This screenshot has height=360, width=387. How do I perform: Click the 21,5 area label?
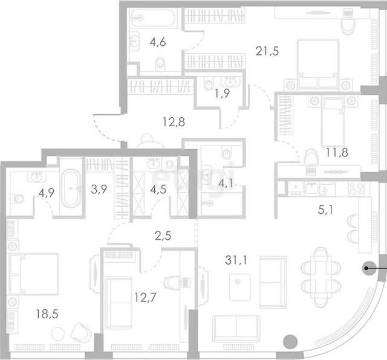tap(267, 51)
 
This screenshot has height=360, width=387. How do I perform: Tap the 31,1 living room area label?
tap(236, 260)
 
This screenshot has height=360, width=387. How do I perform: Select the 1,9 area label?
tap(222, 93)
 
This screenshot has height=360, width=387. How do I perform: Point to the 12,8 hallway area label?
tap(174, 122)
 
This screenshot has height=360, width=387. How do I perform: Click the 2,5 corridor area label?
tap(163, 236)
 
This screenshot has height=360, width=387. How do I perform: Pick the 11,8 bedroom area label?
tap(337, 152)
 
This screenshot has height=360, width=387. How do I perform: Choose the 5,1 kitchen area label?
tap(325, 210)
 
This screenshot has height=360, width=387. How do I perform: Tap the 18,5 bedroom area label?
tap(47, 314)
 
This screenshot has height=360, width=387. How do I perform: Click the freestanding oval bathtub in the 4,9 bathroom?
tap(71, 188)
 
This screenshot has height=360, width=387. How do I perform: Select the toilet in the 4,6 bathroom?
tap(160, 65)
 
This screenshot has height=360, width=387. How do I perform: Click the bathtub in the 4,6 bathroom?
tap(153, 18)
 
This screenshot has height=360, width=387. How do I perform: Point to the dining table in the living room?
tap(320, 277)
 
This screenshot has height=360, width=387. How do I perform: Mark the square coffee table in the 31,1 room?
tap(239, 287)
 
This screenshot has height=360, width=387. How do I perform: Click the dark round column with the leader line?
tap(369, 268)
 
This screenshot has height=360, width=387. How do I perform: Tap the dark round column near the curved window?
tap(290, 342)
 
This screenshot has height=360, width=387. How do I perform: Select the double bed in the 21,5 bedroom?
tap(318, 64)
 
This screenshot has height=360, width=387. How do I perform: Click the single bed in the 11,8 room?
tap(333, 122)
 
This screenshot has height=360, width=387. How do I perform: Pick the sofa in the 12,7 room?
tap(119, 303)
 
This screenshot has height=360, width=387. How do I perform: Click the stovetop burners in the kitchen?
tap(356, 188)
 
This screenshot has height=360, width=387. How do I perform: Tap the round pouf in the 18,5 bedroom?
tap(58, 333)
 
